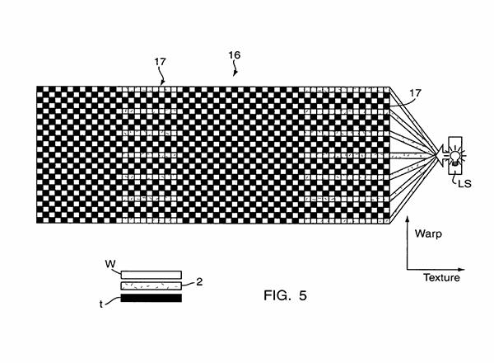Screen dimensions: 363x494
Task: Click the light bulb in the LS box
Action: tap(451, 154)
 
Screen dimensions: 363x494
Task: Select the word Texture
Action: tap(441, 278)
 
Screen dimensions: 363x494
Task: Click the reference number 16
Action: tap(235, 55)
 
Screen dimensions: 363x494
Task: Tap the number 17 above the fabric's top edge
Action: tap(161, 61)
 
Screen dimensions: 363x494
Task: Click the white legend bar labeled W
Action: tap(151, 274)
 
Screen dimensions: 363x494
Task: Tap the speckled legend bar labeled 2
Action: tap(151, 285)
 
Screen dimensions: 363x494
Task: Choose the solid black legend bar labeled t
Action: tap(151, 298)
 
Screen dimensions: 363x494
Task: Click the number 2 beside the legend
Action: tap(198, 281)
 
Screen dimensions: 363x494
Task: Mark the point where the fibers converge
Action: tap(438, 154)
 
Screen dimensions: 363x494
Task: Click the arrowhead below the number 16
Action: tap(235, 75)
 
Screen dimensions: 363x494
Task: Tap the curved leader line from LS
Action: tap(455, 176)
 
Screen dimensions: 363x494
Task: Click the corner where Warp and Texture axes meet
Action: tap(407, 268)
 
